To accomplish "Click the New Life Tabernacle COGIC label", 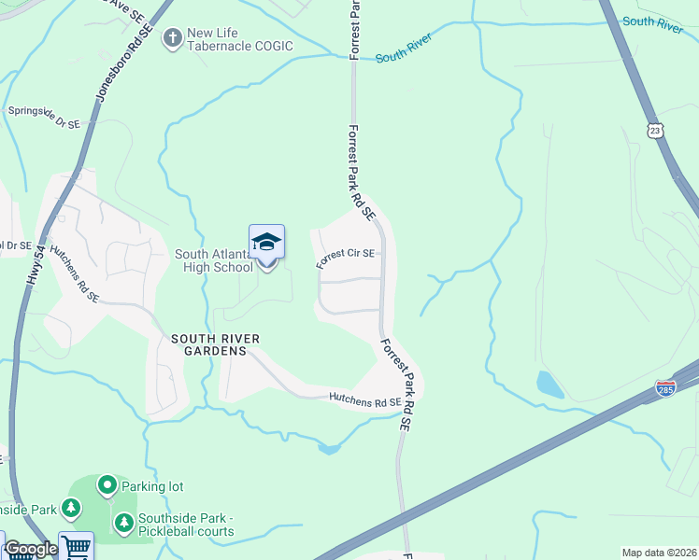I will click(240, 39).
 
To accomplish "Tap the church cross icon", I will click(172, 38).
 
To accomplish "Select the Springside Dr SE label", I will click(43, 117).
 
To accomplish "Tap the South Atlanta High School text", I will click(214, 260).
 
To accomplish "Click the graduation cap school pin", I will click(266, 243).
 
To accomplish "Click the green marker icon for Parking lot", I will click(107, 485).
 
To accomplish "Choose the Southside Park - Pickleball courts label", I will click(186, 525).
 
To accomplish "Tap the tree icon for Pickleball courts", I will click(122, 520).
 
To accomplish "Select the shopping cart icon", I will click(77, 547).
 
